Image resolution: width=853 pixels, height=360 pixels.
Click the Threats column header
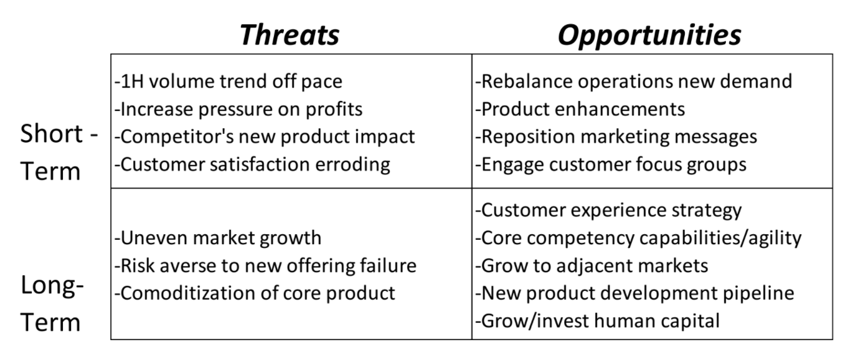pos(290,34)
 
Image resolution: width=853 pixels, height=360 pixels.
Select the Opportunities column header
pos(649,34)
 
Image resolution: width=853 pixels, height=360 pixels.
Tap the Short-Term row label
pos(59,152)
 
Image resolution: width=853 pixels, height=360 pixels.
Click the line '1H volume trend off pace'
pos(229,82)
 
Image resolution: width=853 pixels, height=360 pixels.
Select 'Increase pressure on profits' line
pos(238,109)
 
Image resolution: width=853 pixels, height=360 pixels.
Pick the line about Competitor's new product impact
pos(265,136)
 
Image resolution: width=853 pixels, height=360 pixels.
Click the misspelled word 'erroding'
pos(352,164)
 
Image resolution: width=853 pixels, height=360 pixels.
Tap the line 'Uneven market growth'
pos(218,238)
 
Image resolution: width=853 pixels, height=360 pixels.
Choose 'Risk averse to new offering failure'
pos(265,266)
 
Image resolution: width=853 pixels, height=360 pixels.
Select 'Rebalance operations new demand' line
pos(634,82)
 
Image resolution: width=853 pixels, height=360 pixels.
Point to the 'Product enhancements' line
pos(580,109)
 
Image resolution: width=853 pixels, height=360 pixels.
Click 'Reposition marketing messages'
pos(616,136)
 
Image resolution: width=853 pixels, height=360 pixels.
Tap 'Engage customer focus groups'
pos(611,164)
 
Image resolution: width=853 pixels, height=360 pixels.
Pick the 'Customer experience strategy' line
pos(608,211)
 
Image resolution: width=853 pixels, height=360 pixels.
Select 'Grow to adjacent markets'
pos(592,266)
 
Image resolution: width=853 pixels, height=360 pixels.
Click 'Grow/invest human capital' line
pos(598,321)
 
